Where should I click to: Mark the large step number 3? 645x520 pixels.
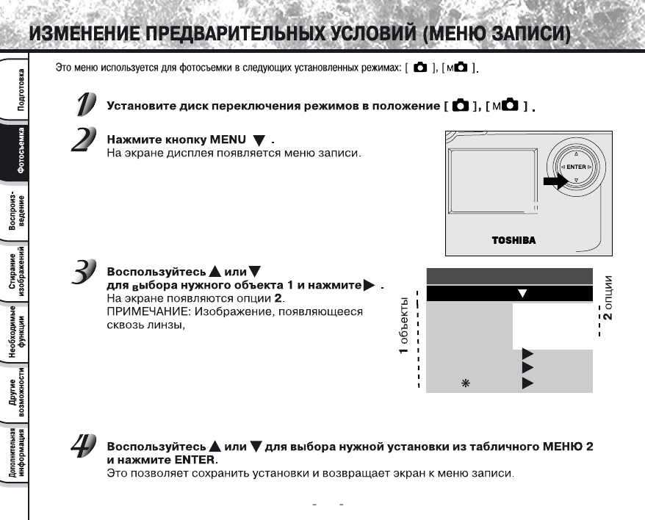point(84,272)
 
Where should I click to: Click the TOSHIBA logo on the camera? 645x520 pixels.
point(514,240)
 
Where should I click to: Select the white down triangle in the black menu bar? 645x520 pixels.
point(523,294)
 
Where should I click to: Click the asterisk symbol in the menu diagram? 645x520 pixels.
point(464,383)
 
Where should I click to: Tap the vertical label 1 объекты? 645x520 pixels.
point(405,331)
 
